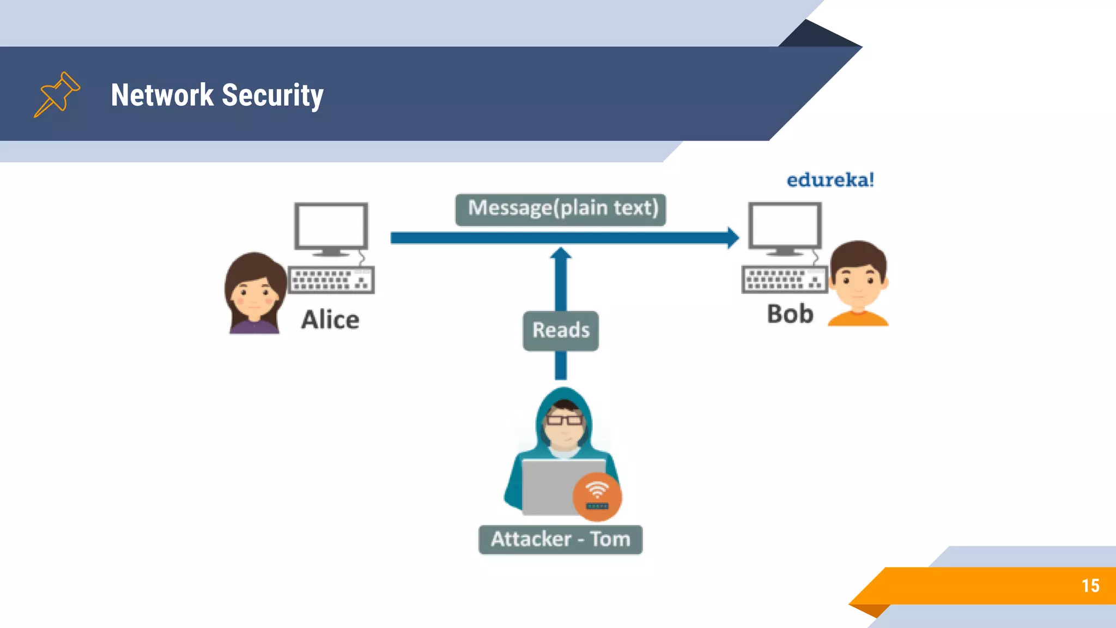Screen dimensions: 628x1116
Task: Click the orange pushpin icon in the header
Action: click(x=57, y=94)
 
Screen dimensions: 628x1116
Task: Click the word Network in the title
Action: click(x=162, y=95)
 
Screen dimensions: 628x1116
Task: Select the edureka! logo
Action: click(x=830, y=180)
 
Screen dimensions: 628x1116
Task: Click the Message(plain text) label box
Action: click(x=561, y=209)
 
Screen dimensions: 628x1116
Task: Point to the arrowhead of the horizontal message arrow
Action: click(x=733, y=238)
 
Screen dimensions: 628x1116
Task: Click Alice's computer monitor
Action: click(x=331, y=226)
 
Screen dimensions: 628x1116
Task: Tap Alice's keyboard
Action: click(x=331, y=280)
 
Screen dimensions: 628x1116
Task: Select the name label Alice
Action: click(x=330, y=319)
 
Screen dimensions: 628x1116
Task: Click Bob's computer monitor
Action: click(x=785, y=225)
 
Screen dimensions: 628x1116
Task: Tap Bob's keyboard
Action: click(x=784, y=280)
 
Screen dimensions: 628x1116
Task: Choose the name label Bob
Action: click(x=790, y=315)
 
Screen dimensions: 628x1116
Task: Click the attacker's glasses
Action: click(x=564, y=420)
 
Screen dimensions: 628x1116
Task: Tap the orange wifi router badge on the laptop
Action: click(x=597, y=496)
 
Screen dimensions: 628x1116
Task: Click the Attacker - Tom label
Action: click(x=560, y=540)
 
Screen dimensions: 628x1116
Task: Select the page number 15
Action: click(x=1090, y=586)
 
